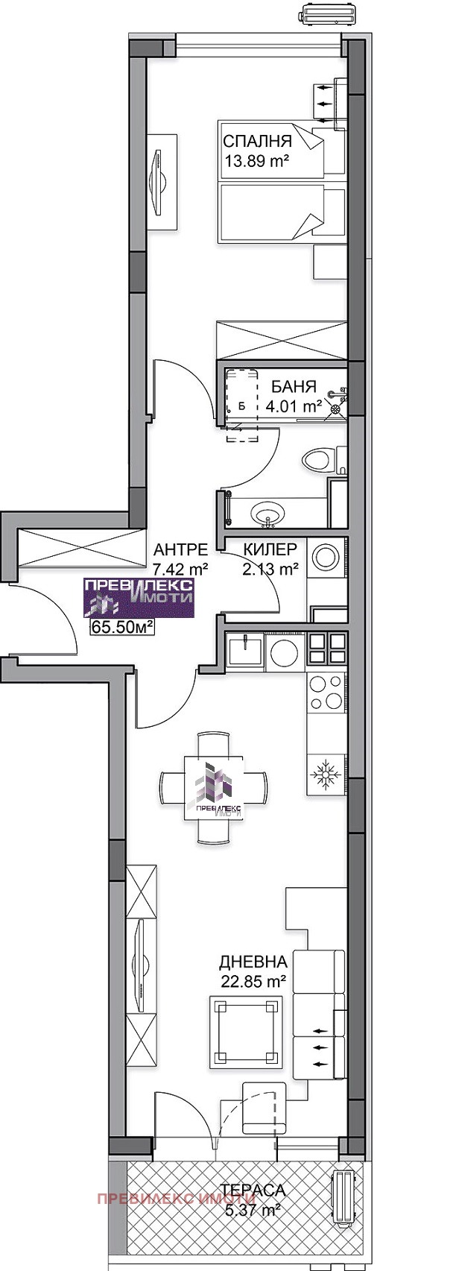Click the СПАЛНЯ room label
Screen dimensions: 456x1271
pos(258,142)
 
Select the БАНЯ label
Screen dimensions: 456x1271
pos(294,387)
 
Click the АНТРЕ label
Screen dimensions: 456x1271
pos(181,549)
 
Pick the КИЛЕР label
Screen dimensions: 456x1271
pos(270,549)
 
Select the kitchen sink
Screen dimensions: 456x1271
pos(244,650)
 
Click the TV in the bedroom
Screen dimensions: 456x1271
pos(159,181)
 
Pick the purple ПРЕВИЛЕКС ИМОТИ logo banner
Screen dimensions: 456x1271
pos(139,596)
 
